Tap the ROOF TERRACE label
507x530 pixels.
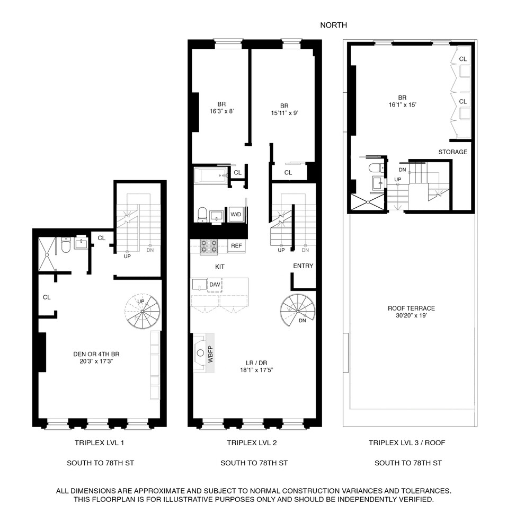click(x=411, y=308)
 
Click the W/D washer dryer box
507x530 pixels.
click(x=236, y=215)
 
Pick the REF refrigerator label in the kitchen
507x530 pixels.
click(x=236, y=245)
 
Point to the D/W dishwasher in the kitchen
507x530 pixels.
click(x=215, y=285)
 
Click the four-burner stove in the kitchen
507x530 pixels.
click(x=209, y=245)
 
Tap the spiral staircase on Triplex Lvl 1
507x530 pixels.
click(x=142, y=312)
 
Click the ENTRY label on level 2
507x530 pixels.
click(x=303, y=266)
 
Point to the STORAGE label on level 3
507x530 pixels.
click(x=452, y=152)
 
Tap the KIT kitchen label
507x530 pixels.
click(x=219, y=267)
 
